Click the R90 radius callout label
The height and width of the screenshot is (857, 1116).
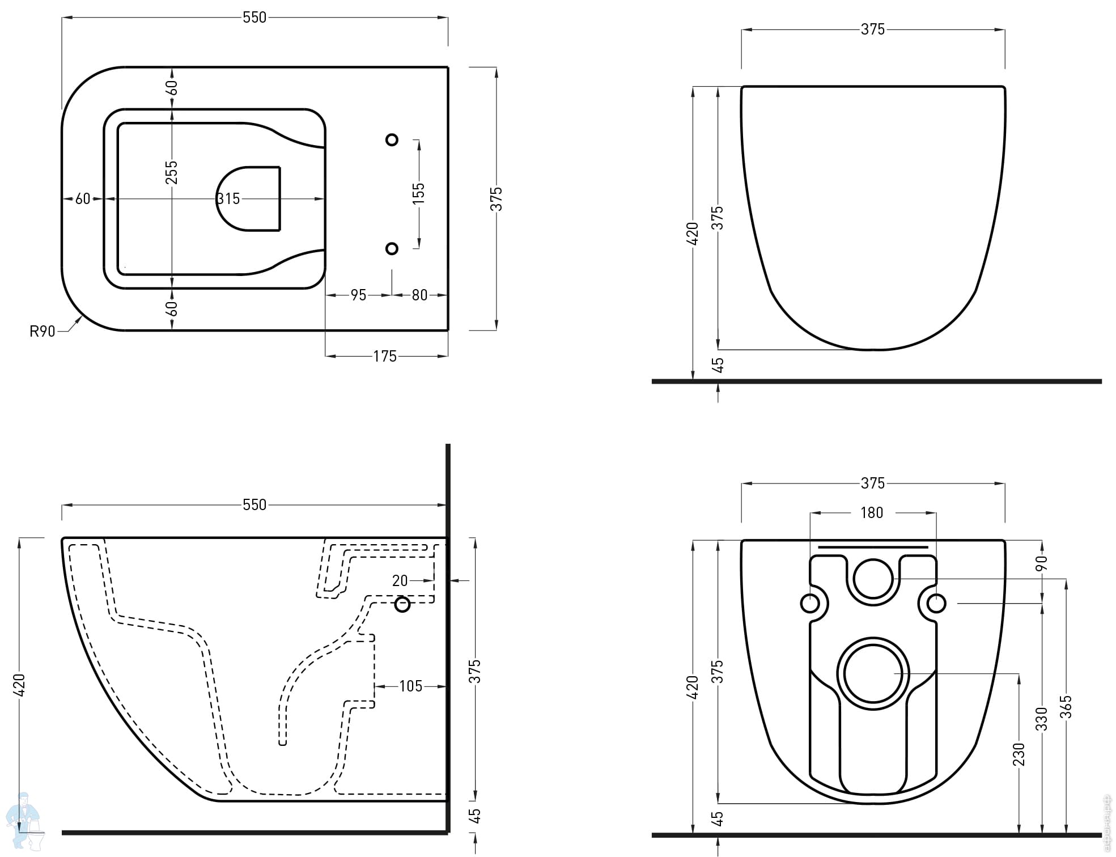pos(43,331)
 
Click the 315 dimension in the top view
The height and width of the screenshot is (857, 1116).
pos(228,199)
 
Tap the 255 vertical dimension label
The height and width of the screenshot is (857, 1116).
pos(171,173)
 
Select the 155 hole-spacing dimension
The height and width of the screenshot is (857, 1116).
pos(418,193)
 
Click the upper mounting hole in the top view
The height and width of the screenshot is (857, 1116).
pos(392,139)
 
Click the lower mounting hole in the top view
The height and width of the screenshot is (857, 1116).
pos(392,248)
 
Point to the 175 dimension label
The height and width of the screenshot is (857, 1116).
pos(385,356)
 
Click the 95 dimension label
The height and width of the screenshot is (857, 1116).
pos(358,295)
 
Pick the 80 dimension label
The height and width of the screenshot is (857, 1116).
pos(419,295)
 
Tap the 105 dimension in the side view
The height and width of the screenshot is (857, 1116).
pos(411,686)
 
